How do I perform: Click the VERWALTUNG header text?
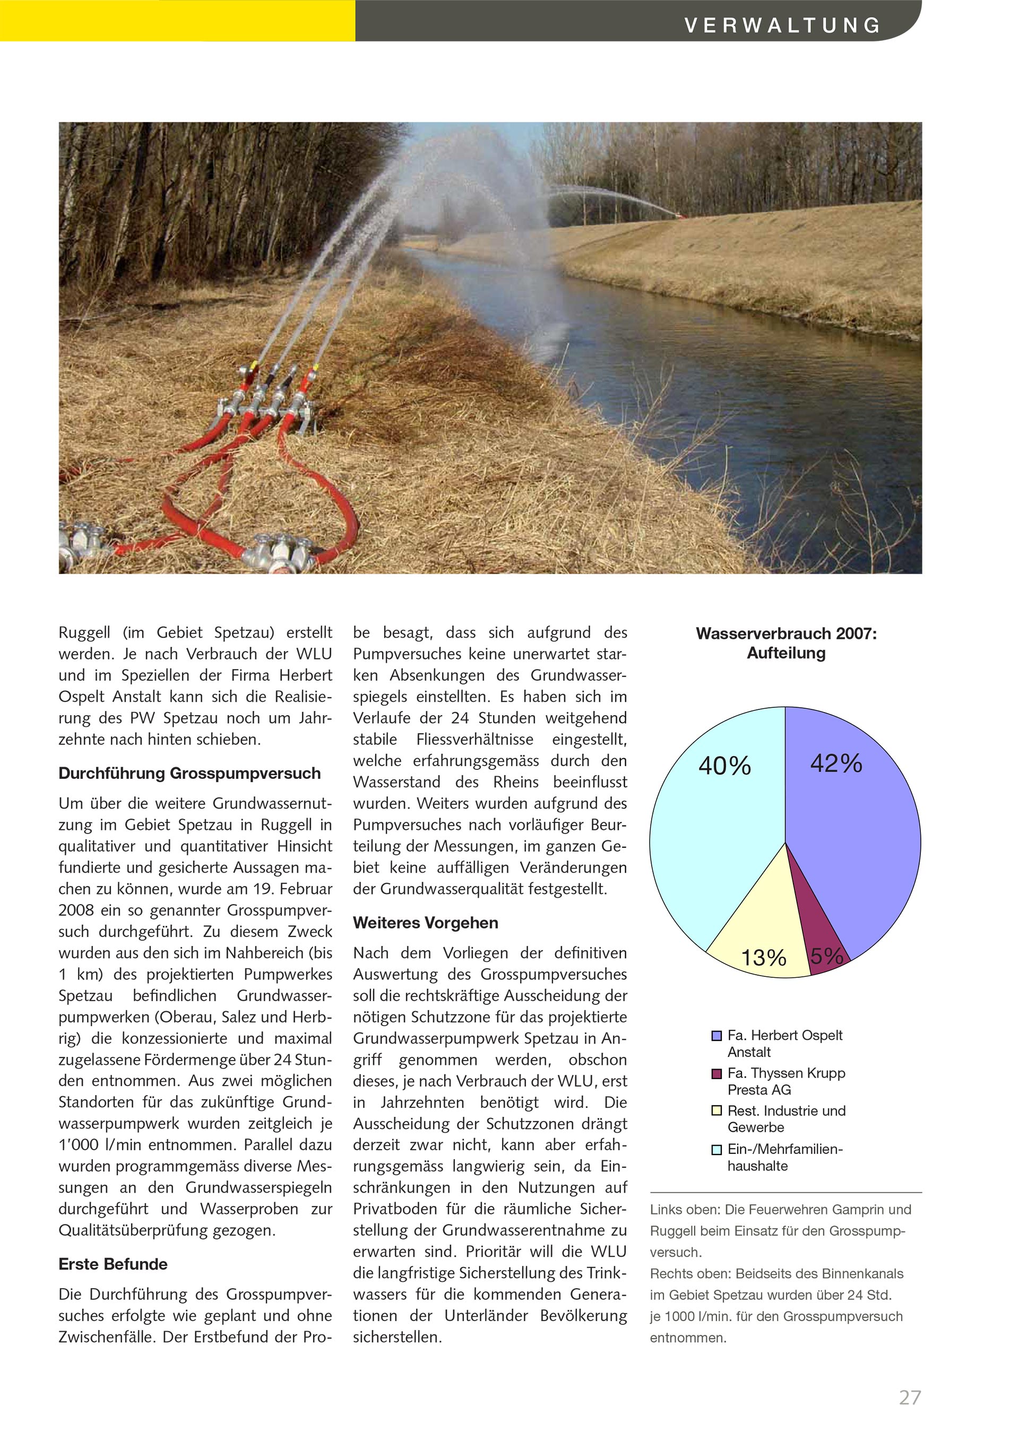782,25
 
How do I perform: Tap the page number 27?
910,1397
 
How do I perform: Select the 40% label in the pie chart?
724,766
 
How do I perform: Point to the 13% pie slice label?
764,958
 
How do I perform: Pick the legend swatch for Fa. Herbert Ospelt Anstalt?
716,1036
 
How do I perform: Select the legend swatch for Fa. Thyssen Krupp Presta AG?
716,1074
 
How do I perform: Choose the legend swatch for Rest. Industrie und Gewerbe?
716,1111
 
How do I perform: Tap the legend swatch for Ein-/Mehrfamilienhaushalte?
716,1150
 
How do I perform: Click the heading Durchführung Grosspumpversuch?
189,773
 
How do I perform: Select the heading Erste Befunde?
113,1264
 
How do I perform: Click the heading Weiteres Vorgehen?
425,923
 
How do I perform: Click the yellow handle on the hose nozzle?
254,365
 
